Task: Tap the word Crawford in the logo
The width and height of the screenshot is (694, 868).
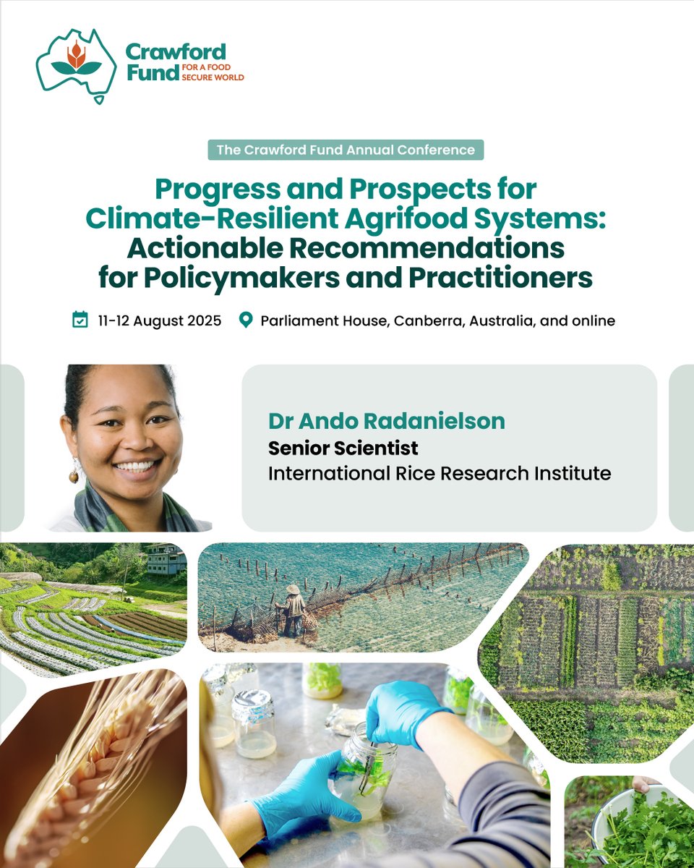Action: pos(175,52)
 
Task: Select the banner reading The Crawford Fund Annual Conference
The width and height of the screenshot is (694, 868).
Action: pos(346,150)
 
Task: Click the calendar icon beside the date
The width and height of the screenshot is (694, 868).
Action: pos(80,320)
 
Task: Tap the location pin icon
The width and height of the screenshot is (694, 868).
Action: pos(246,320)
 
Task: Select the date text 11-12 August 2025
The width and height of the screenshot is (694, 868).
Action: pos(159,320)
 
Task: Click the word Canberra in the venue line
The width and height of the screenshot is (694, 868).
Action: pos(431,320)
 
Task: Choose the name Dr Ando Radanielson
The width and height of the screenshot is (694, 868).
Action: pos(387,421)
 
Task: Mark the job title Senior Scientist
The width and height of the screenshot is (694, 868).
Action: pos(343,448)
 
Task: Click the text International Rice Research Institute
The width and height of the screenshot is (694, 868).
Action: pos(440,474)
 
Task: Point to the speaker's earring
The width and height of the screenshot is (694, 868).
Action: pos(74,475)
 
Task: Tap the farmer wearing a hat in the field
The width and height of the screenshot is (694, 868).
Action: pos(294,608)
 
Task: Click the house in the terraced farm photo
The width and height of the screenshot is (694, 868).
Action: pos(166,558)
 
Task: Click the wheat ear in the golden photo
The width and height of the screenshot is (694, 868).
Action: pos(94,767)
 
